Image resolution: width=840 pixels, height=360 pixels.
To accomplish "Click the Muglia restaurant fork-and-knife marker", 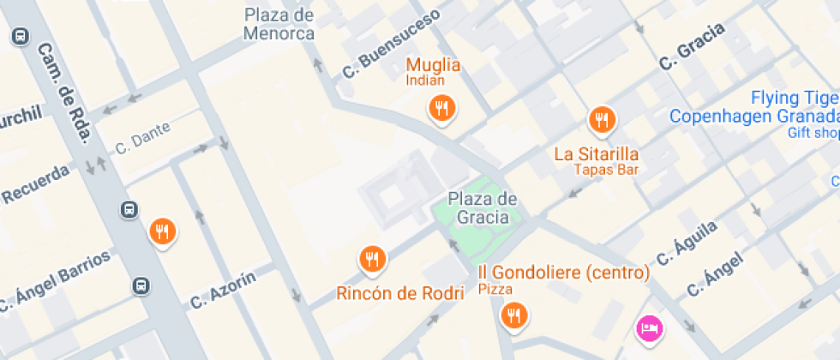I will (x=441, y=108).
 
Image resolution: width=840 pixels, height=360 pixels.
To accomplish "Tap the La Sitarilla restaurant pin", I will (x=602, y=120).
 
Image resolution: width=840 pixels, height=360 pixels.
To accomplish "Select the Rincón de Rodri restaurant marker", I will (x=372, y=259).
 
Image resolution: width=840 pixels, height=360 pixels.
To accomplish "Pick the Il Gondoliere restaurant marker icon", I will (x=513, y=315).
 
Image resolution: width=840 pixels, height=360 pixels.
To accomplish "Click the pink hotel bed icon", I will (x=649, y=327).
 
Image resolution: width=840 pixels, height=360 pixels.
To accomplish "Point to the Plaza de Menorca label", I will (x=279, y=25).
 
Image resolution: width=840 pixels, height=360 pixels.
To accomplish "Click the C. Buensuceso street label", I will (x=392, y=44).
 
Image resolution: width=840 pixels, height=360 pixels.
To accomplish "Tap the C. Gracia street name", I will (x=692, y=46).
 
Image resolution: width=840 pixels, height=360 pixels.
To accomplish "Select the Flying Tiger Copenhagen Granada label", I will (x=754, y=107).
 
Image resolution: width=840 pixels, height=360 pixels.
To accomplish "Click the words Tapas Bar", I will (x=608, y=170).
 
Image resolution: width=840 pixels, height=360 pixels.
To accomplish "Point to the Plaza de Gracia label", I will (x=483, y=207).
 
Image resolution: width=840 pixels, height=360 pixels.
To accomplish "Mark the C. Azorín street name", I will (x=223, y=290).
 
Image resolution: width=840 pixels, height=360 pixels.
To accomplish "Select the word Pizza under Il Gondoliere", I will (x=495, y=289).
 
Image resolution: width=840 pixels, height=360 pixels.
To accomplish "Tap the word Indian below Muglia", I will (x=425, y=81).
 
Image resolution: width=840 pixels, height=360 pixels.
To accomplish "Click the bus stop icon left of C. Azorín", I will (x=141, y=285).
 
